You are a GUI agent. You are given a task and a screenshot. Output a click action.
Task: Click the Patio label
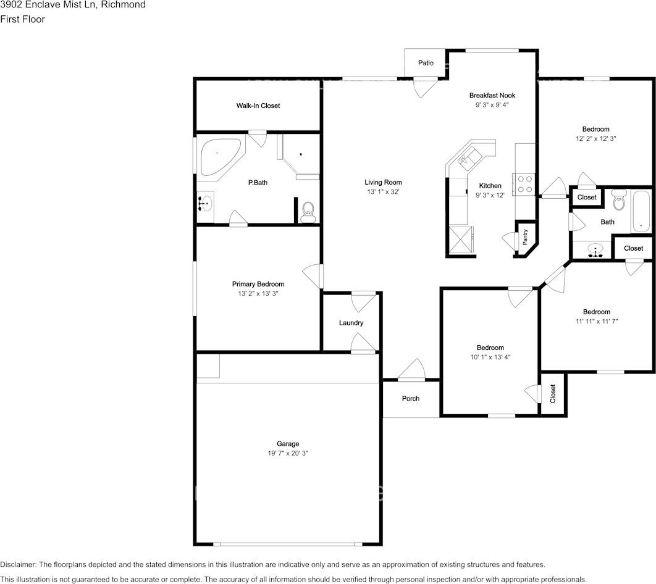[426, 63]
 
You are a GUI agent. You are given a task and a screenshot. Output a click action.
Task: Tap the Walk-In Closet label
[258, 106]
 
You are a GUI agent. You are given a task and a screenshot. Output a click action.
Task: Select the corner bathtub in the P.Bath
[221, 157]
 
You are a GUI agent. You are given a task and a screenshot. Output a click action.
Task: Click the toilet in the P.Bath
[308, 211]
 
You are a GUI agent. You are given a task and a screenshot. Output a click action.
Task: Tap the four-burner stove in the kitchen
[525, 185]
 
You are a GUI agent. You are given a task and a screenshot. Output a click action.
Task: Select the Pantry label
[525, 238]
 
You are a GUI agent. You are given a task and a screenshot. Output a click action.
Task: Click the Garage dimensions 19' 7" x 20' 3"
[288, 453]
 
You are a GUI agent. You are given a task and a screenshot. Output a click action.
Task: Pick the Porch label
[410, 399]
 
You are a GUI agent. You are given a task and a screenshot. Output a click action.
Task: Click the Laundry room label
[351, 323]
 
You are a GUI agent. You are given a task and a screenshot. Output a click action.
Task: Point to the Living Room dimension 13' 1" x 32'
[383, 192]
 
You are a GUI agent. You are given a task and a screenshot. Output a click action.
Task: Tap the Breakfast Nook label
[492, 95]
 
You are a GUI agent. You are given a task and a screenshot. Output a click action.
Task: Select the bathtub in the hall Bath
[641, 212]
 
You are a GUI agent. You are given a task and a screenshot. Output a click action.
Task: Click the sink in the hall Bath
[595, 251]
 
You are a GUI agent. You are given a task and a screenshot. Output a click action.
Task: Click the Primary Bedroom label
[258, 284]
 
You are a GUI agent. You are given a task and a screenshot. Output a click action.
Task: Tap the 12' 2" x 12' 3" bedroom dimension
[595, 139]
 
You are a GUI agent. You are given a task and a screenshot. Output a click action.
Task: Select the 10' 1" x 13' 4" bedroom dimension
[490, 357]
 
